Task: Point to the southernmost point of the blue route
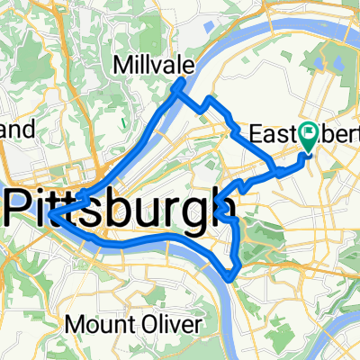click(x=232, y=277)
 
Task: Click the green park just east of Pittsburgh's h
click(x=261, y=229)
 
